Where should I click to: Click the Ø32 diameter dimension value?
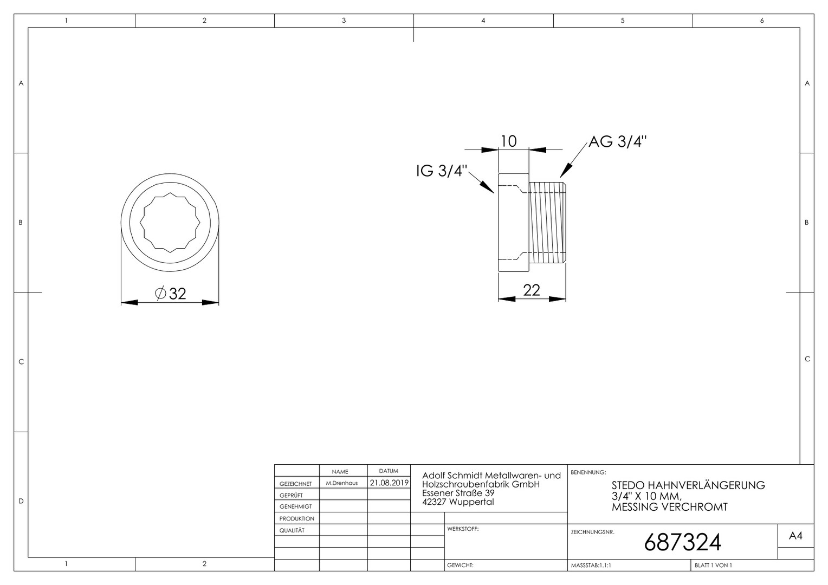point(170,294)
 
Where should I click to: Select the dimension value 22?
point(532,290)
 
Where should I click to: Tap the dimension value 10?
point(509,141)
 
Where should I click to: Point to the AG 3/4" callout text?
point(618,141)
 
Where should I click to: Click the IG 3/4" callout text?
point(442,171)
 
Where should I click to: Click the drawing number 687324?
point(682,543)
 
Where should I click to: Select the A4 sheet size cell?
point(795,536)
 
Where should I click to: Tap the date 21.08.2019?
point(389,483)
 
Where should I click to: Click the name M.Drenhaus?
point(342,483)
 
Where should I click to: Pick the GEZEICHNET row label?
point(296,484)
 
